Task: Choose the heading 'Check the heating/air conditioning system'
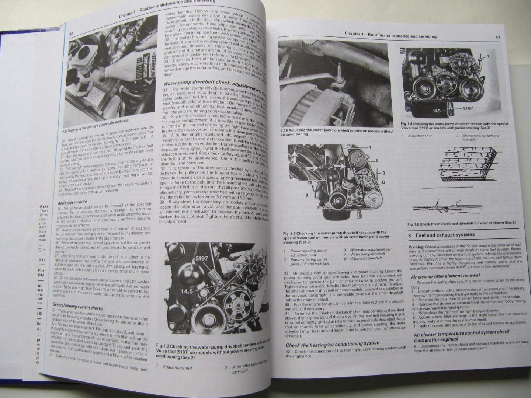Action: click(x=332, y=343)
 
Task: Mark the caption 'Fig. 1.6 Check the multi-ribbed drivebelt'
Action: click(x=461, y=223)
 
